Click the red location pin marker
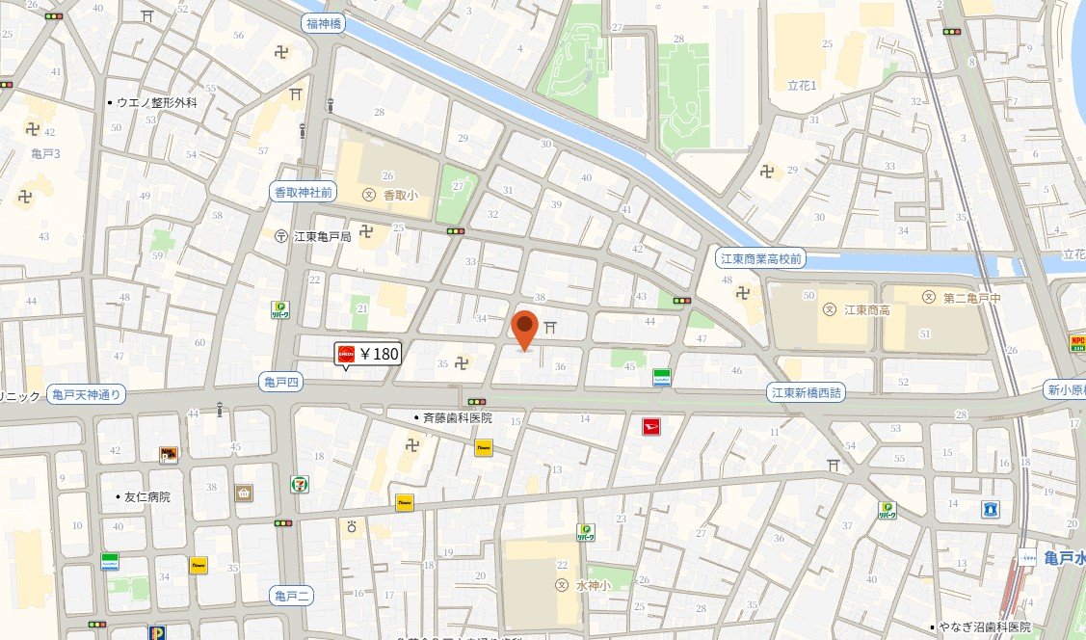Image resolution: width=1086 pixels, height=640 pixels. pyautogui.click(x=523, y=329)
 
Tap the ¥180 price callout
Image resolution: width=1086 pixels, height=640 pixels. pyautogui.click(x=367, y=354)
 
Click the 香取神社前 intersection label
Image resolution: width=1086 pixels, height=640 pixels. pyautogui.click(x=302, y=193)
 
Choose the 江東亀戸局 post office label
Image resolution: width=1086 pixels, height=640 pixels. pyautogui.click(x=314, y=235)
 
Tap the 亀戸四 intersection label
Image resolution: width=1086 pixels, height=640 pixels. pyautogui.click(x=282, y=383)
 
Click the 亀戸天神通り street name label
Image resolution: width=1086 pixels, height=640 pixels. pyautogui.click(x=87, y=393)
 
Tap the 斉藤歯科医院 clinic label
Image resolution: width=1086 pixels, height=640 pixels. pyautogui.click(x=452, y=417)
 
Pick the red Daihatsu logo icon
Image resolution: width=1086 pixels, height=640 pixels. pyautogui.click(x=651, y=425)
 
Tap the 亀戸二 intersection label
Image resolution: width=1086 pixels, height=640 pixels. pyautogui.click(x=290, y=595)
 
